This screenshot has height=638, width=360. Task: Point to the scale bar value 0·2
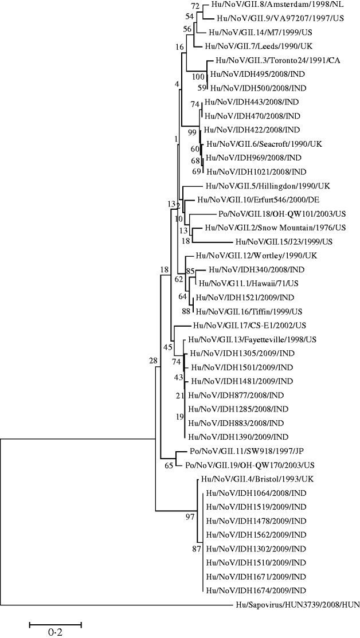[x=56, y=632]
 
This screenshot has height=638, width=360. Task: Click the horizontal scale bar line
[x=56, y=622]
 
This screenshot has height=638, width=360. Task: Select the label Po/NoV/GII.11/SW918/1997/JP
[x=242, y=451]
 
